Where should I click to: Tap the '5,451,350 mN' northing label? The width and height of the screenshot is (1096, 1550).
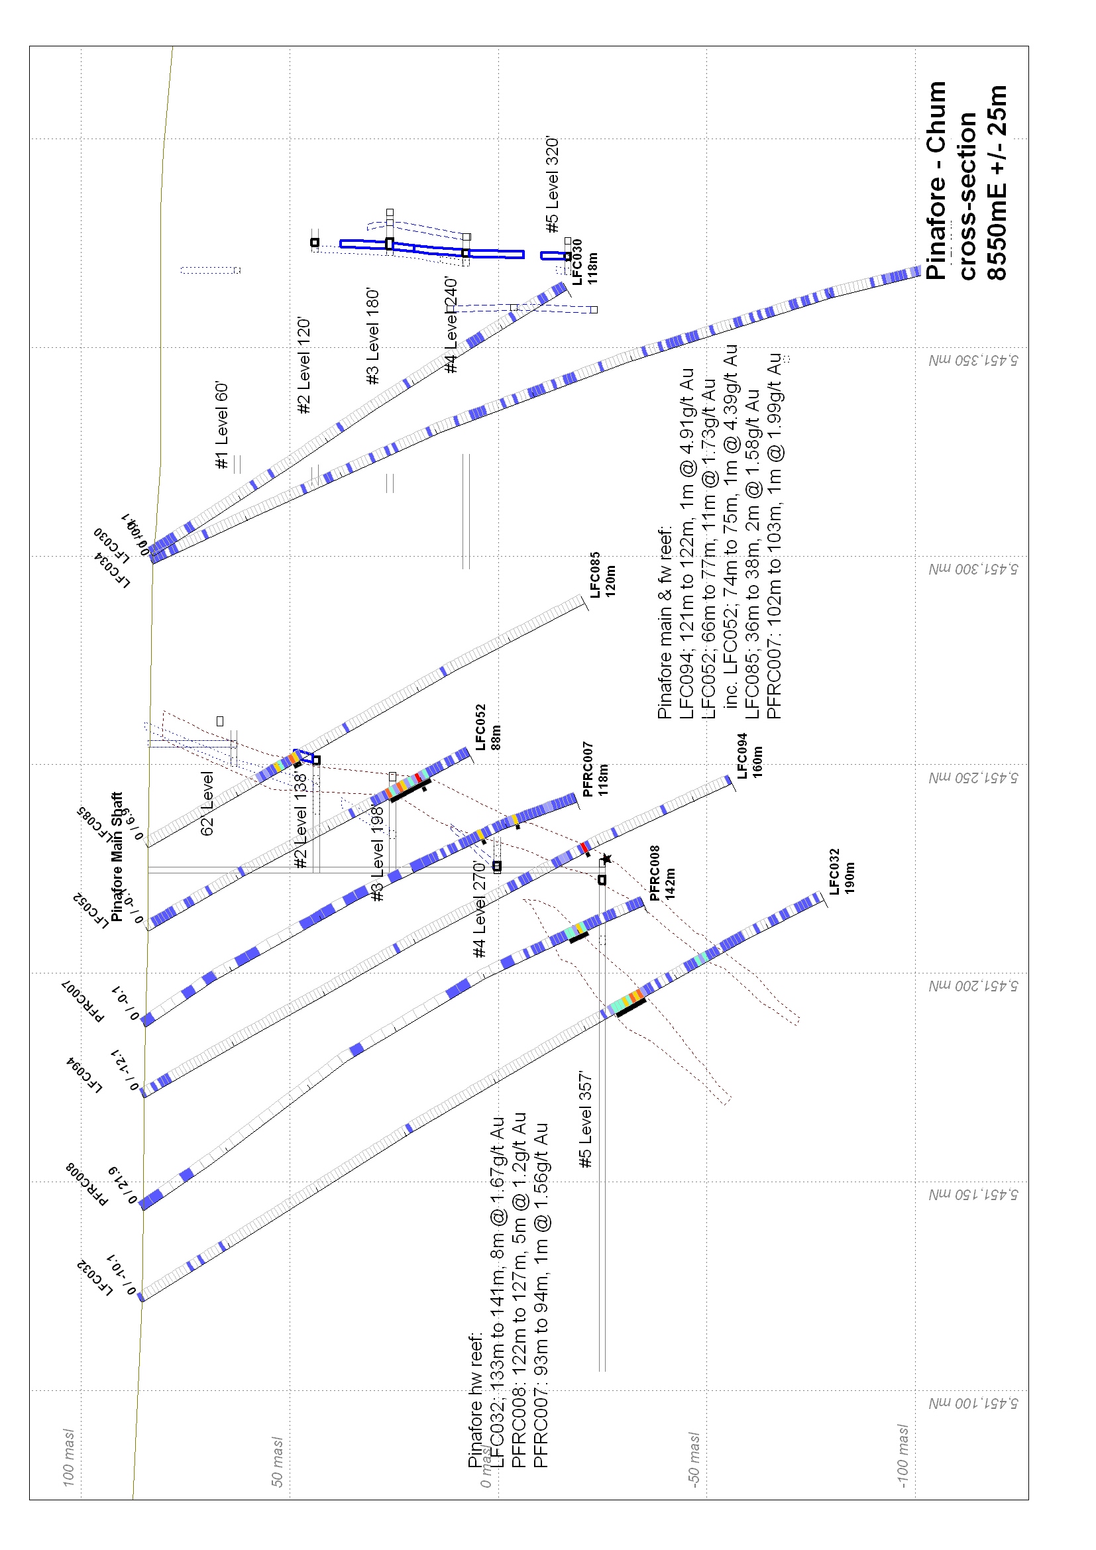pyautogui.click(x=972, y=360)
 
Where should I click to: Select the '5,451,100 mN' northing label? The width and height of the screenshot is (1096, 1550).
pyautogui.click(x=972, y=1404)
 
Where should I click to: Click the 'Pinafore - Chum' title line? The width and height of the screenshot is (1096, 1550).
pyautogui.click(x=936, y=181)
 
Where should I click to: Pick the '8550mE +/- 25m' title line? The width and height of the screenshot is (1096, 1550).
pyautogui.click(x=997, y=182)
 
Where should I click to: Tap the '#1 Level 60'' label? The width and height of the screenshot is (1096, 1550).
pyautogui.click(x=222, y=425)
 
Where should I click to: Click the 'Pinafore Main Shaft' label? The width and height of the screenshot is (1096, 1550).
pyautogui.click(x=116, y=857)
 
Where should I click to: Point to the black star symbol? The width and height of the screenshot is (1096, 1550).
pyautogui.click(x=606, y=859)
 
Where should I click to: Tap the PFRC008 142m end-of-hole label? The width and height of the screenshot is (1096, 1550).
pyautogui.click(x=662, y=873)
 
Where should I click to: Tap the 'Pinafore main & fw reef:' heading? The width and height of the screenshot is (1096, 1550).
pyautogui.click(x=665, y=621)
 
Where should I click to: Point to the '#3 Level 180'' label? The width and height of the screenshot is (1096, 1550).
pyautogui.click(x=372, y=337)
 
